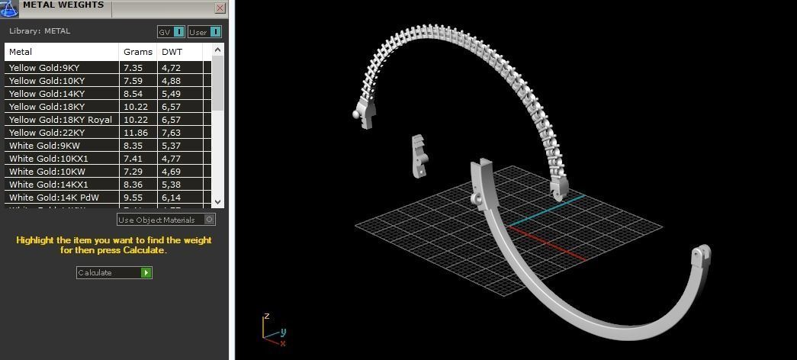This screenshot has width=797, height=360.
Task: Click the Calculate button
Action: click(x=114, y=272)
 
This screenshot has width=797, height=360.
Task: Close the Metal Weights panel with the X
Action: click(x=220, y=8)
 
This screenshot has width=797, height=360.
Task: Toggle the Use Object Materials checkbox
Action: click(x=210, y=220)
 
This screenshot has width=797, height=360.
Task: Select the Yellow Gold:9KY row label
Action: click(x=44, y=68)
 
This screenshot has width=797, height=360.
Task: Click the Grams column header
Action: click(x=138, y=52)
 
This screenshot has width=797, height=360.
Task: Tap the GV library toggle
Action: click(x=171, y=32)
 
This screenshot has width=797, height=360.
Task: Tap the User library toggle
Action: click(x=204, y=32)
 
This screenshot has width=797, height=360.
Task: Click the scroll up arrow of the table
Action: click(x=218, y=50)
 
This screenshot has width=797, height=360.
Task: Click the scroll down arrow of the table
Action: click(x=218, y=201)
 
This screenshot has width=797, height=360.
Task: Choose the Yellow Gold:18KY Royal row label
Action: click(x=60, y=120)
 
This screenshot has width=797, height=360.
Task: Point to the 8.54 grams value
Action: click(x=133, y=94)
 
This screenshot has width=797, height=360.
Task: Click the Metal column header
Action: click(x=21, y=52)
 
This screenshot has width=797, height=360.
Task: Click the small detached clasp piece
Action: click(x=419, y=156)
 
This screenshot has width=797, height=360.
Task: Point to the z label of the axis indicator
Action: click(x=266, y=316)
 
